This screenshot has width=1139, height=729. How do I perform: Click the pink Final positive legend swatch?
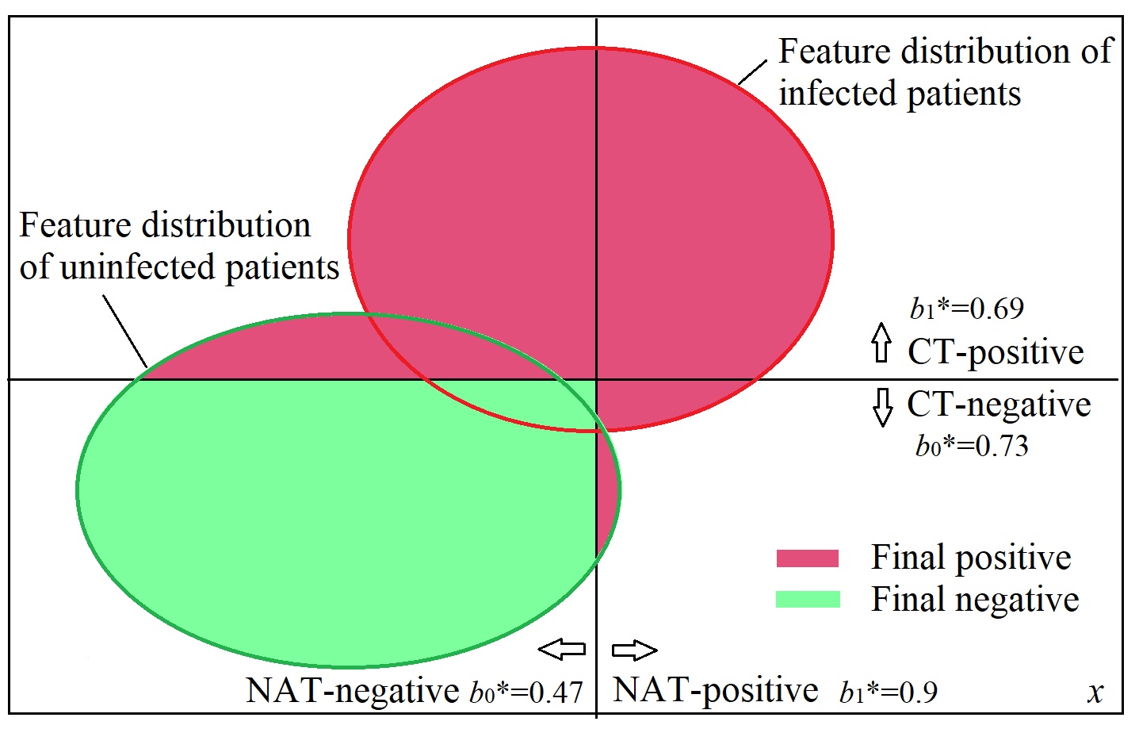807,558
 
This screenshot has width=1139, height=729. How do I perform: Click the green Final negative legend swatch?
807,599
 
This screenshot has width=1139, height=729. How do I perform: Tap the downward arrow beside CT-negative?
882,407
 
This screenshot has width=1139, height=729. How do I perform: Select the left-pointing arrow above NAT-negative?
562,650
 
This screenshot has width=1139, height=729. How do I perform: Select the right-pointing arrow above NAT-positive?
634,650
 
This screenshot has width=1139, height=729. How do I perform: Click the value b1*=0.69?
967,308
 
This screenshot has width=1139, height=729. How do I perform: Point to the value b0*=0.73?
972,446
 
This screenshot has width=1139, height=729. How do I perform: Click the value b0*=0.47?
526,692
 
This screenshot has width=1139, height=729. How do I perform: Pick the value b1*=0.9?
889,692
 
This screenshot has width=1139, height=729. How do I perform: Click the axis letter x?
1095,692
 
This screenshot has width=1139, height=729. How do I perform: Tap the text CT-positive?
996,351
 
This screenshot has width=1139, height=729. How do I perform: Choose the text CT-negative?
999,405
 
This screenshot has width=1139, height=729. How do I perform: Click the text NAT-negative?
353,690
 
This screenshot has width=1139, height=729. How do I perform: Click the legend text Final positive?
971,558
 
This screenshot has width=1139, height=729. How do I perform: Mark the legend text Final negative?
975,600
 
